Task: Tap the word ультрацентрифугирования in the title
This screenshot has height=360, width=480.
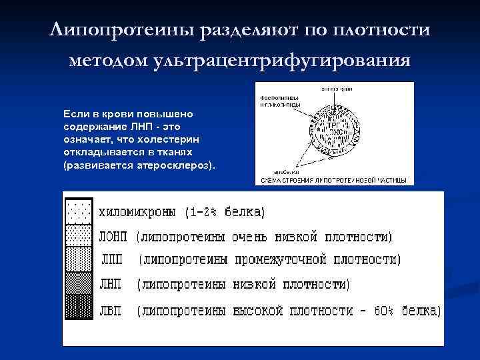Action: point(282,61)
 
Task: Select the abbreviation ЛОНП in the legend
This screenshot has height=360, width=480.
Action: point(114,237)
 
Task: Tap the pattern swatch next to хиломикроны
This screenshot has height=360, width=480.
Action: point(79,211)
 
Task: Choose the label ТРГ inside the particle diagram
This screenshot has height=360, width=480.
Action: point(333,125)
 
